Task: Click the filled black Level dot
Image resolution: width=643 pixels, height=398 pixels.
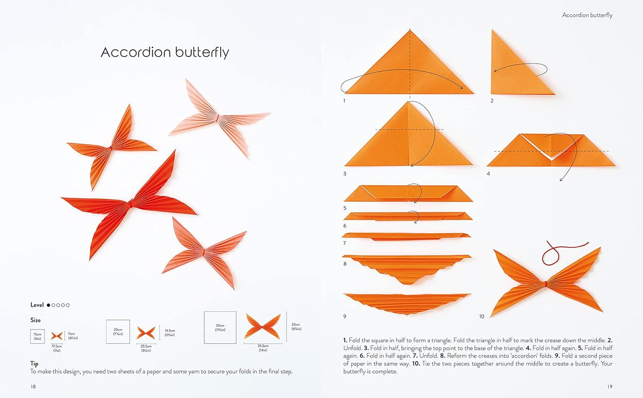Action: pyautogui.click(x=49, y=305)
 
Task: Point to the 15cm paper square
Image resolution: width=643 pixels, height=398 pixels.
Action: pyautogui.click(x=37, y=336)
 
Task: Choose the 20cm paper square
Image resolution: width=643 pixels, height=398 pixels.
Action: pyautogui.click(x=118, y=332)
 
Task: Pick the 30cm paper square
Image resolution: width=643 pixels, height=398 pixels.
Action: pyautogui.click(x=220, y=328)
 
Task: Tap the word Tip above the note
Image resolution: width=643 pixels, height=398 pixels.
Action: pyautogui.click(x=34, y=363)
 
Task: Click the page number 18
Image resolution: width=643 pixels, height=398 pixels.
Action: pyautogui.click(x=33, y=386)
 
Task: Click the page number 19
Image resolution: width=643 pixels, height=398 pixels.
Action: pyautogui.click(x=610, y=386)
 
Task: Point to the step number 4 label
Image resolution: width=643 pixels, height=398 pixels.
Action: pyautogui.click(x=488, y=174)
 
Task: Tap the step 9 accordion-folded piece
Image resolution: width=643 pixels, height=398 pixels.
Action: pyautogui.click(x=407, y=303)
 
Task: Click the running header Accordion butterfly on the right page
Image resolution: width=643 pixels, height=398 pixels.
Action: pyautogui.click(x=587, y=15)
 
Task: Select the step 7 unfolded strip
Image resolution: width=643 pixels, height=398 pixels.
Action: pyautogui.click(x=406, y=236)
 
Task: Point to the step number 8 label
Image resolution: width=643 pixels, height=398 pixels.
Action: pyautogui.click(x=345, y=264)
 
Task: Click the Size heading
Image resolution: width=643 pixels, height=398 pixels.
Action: pyautogui.click(x=36, y=320)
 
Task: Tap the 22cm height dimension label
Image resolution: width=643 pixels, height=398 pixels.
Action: pyautogui.click(x=296, y=326)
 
